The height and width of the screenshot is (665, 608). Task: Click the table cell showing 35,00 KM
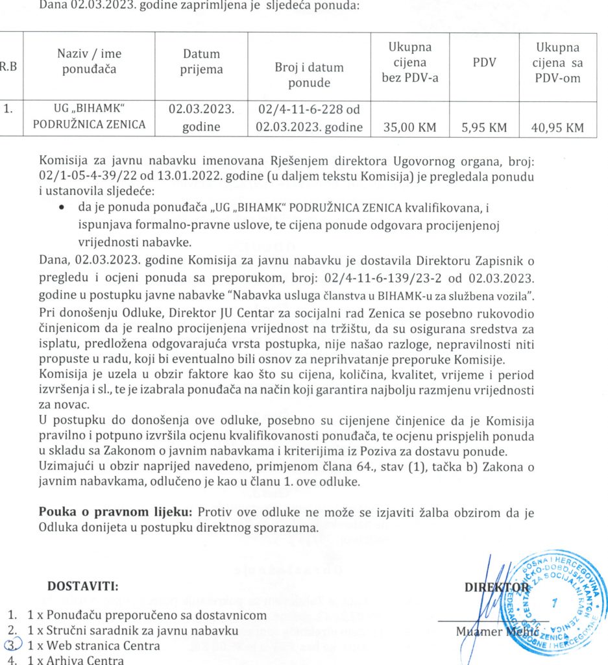click(x=409, y=128)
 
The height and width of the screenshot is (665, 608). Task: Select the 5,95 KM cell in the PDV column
click(x=483, y=128)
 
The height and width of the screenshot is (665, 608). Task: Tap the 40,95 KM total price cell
click(x=557, y=128)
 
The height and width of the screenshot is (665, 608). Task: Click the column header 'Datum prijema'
click(x=201, y=62)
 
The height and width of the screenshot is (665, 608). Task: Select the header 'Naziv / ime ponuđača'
click(x=90, y=62)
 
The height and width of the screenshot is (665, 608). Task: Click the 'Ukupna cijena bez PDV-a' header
click(x=409, y=63)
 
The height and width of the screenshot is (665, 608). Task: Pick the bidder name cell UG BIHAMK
click(x=90, y=116)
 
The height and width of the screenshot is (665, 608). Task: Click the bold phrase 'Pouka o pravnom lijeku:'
click(x=117, y=512)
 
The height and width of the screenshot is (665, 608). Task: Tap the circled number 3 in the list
click(x=12, y=646)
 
